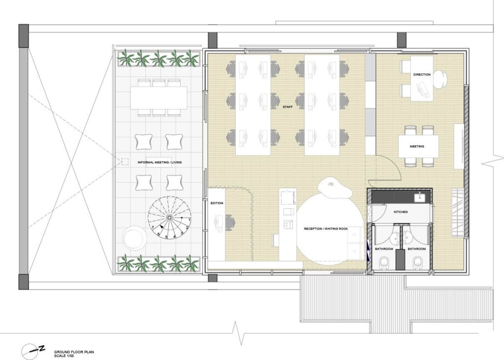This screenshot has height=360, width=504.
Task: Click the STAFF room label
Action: pos(287,107)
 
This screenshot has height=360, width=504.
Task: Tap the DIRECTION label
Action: pos(422,75)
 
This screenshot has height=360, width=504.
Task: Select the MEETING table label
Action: pos(416,146)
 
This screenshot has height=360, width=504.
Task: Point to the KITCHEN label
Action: pos(401,212)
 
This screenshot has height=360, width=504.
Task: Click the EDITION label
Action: pos(217,203)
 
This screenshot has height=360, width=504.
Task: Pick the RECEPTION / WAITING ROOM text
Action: pos(326,229)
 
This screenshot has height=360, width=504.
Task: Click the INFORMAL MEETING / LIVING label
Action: pos(159,163)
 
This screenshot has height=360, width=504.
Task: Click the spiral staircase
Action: pos(169,217)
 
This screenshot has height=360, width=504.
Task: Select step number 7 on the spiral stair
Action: pos(153,227)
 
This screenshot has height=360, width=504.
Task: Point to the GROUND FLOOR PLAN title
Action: pos(74,352)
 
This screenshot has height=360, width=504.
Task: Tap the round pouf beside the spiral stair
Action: pos(134,238)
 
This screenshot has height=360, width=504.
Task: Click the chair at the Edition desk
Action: pos(230,221)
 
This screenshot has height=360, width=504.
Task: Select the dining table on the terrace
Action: pos(159,98)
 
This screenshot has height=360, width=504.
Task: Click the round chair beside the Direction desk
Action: pos(441,79)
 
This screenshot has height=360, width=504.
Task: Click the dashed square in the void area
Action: pos(125,162)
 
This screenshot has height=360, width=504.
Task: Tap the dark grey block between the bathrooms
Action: pos(400,260)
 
